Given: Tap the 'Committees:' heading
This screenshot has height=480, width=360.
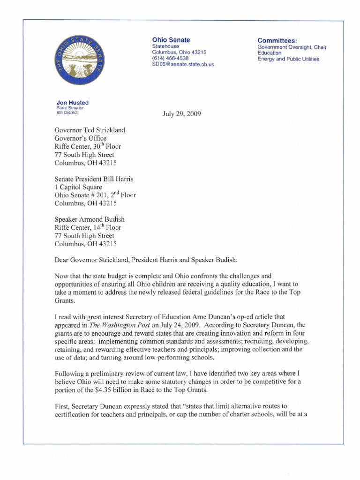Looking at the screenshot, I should (277, 40).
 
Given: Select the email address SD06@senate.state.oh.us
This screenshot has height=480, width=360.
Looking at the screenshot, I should (183, 65).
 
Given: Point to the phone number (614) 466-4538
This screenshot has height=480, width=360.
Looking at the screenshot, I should (168, 59).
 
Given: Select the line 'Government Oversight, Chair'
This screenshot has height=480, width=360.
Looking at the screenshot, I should (292, 47).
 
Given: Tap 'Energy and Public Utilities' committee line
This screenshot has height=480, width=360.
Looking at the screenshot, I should (288, 60).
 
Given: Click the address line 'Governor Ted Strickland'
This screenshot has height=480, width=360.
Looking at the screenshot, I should (90, 130).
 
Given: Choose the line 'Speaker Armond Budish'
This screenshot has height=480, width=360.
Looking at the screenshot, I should (90, 219).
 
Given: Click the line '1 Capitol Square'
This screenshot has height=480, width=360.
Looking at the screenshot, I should (78, 187).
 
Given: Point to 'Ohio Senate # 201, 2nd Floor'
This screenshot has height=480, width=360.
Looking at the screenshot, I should (95, 195).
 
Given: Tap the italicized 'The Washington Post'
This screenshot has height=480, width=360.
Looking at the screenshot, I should (117, 325).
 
